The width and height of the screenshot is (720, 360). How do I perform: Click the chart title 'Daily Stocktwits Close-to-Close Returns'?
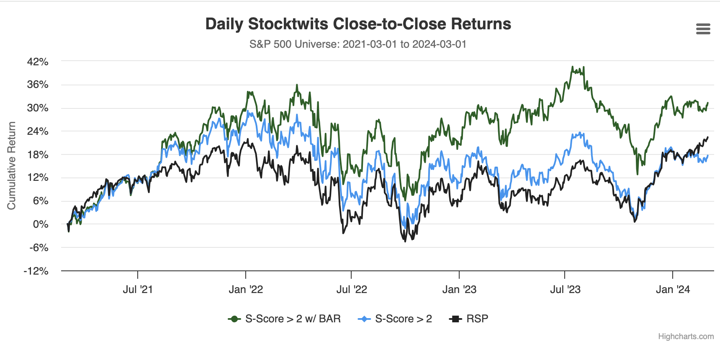tap(358, 24)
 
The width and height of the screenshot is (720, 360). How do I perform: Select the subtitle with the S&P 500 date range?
tap(358, 44)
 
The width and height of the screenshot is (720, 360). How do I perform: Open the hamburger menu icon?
tap(703, 29)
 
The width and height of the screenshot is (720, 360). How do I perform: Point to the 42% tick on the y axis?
tap(38, 62)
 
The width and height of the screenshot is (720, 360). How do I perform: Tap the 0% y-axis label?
tap(41, 224)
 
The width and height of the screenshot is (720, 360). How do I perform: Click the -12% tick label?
tap(36, 271)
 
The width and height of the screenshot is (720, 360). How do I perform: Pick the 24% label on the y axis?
tap(38, 131)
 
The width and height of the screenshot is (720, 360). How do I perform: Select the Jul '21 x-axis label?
tap(138, 290)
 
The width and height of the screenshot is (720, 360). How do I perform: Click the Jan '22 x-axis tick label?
tap(246, 290)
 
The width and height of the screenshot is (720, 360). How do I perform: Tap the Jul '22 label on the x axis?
tap(352, 290)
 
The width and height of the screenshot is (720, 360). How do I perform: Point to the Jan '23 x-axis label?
tap(459, 290)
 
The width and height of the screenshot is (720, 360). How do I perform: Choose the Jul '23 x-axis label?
tap(565, 290)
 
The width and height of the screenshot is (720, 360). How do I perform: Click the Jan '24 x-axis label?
tap(673, 290)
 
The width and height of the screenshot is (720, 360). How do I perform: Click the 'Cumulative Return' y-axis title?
tap(11, 166)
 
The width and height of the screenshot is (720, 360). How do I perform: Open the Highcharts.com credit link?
tap(686, 337)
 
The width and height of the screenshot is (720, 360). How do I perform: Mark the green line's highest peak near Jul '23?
tap(572, 67)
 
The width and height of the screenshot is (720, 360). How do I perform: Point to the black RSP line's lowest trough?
tap(405, 242)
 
